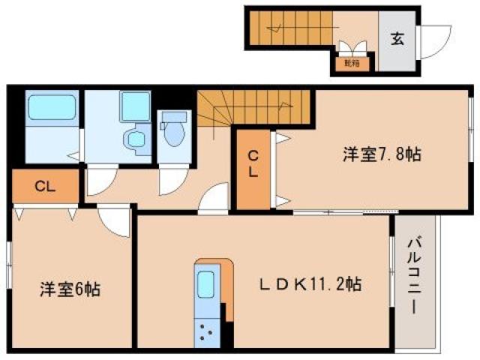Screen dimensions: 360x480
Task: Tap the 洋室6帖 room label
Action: click(x=70, y=289)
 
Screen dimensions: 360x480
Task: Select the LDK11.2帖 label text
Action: click(x=310, y=284)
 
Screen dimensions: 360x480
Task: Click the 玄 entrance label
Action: click(x=397, y=38)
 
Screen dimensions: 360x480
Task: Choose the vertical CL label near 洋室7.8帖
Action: click(x=253, y=163)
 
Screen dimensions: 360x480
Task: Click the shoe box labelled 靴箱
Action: click(x=351, y=63)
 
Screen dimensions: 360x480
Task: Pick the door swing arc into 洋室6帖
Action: click(x=115, y=220)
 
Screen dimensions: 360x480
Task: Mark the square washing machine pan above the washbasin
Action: click(x=135, y=106)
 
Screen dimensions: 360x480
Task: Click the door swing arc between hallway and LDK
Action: click(x=214, y=199)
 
